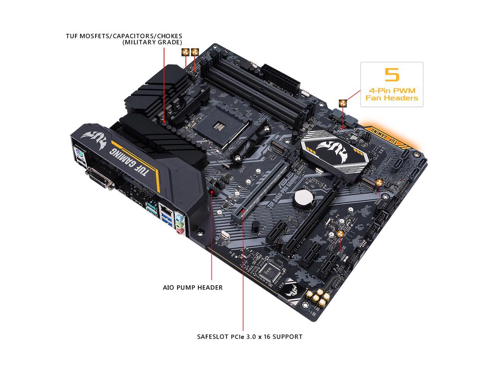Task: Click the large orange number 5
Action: coord(391,74)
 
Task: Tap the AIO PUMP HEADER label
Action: coord(193,288)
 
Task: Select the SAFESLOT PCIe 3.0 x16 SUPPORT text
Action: coord(249,337)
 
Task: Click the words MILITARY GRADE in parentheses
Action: coord(152,43)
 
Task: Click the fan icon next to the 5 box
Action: coord(343,103)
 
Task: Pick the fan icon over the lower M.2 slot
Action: coord(379,183)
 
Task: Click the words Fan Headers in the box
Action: coord(392,98)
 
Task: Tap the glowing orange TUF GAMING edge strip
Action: coord(391,135)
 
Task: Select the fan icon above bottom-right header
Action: coord(341,234)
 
